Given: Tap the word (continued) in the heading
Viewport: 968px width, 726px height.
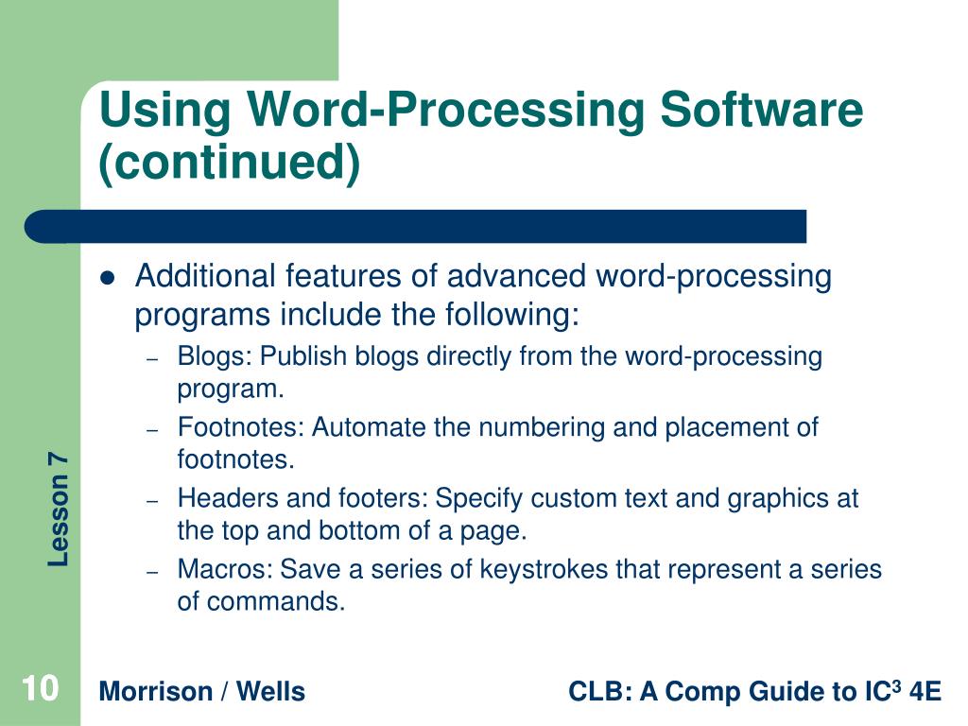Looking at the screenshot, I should [231, 164].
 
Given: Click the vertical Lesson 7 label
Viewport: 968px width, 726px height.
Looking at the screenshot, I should [59, 510].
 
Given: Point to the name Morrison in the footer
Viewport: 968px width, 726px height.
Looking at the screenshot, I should [156, 692].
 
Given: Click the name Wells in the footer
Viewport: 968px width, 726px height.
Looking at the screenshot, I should [270, 692].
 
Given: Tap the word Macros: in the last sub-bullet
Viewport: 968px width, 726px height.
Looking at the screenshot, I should [225, 570].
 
